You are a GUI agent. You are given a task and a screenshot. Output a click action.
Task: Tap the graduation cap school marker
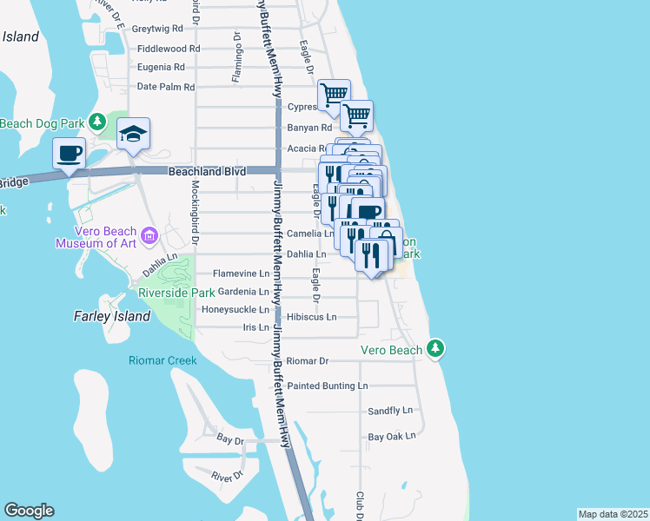coord(133,134)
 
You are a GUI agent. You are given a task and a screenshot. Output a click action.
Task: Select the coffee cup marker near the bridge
coord(70,154)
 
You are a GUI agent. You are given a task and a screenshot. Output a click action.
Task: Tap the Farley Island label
coord(113,316)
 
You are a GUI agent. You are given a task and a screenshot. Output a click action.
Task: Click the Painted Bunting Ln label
coord(328,386)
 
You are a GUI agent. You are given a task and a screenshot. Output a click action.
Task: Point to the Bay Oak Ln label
coord(392,437)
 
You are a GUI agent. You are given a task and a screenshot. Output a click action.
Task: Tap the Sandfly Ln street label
coord(389,411)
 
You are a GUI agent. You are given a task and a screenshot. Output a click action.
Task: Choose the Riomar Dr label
coord(308,360)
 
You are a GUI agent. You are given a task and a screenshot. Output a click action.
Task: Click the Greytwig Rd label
coord(163,29)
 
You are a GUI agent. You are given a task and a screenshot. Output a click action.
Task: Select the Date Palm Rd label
coord(167,87)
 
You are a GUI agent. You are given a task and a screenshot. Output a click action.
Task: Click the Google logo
coord(29,511)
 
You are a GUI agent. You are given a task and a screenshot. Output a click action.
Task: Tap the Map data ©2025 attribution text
coord(614,514)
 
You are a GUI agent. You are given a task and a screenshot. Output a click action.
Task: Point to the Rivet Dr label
coord(229,475)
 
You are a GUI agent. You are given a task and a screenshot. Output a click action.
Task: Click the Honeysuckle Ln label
coord(235,310)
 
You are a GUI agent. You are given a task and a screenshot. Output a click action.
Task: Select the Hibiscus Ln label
coord(311,318)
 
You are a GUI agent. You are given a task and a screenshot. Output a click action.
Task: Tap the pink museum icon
coord(149,234)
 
